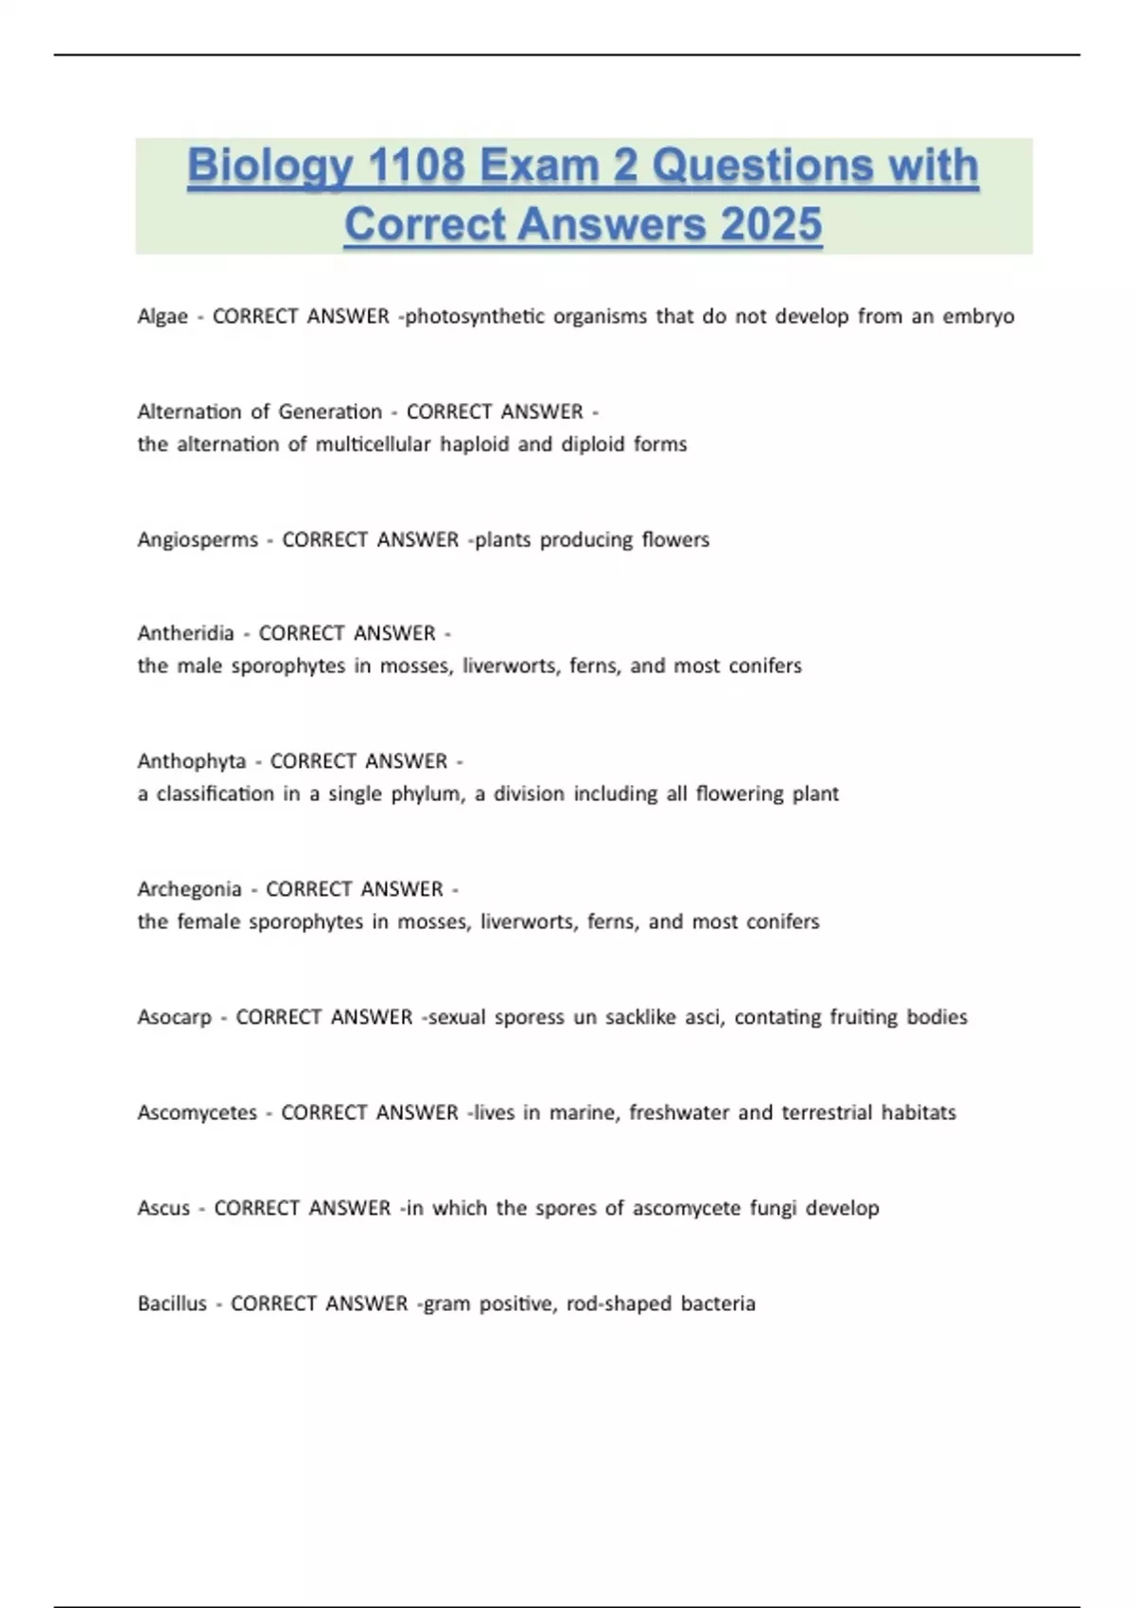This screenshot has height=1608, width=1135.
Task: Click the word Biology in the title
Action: (269, 166)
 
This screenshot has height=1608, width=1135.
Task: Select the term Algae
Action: (163, 317)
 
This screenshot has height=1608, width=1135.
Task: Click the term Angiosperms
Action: (198, 540)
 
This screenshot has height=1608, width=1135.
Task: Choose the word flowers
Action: (675, 540)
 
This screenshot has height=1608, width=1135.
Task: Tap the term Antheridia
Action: (185, 633)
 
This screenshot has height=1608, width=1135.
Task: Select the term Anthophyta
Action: (191, 761)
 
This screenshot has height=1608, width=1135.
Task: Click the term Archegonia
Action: (189, 889)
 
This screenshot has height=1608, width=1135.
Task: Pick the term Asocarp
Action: (174, 1018)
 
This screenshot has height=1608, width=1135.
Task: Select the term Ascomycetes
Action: (197, 1113)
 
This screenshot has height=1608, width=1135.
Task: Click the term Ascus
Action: (164, 1209)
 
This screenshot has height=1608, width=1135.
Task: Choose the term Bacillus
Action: (172, 1304)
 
